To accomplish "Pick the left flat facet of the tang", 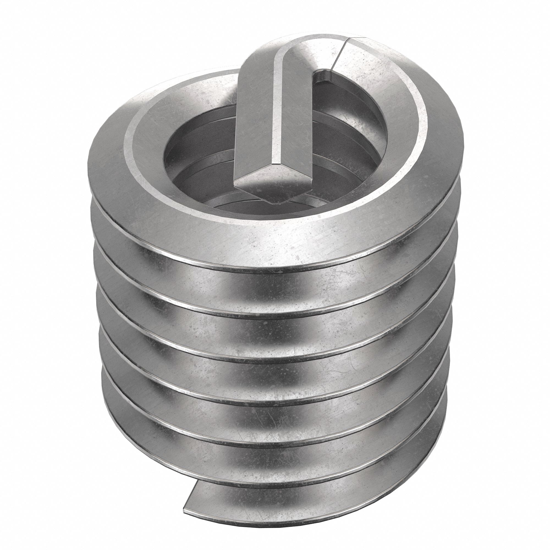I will tap(253, 114).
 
